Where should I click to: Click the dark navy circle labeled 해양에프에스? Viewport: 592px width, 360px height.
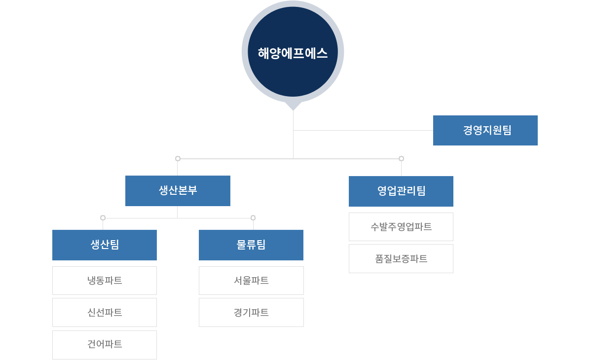(293, 51)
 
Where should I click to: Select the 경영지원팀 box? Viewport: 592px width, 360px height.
(485, 130)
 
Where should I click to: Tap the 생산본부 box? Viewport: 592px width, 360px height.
(178, 191)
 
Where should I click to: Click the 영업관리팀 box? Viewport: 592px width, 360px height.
(401, 191)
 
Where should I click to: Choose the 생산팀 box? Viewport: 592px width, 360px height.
(105, 245)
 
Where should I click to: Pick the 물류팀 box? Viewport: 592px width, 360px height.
(251, 245)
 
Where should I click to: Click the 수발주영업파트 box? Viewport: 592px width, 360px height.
(401, 227)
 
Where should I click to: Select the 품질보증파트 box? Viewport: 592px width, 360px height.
(401, 258)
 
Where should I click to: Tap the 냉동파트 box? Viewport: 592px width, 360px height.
(105, 281)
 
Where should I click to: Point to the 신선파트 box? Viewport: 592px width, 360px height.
(105, 313)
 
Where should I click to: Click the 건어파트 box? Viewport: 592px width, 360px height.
(105, 345)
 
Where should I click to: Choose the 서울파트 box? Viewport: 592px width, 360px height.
(251, 281)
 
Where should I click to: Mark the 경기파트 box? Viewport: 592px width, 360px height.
(251, 313)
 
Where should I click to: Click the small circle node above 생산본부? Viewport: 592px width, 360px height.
(178, 158)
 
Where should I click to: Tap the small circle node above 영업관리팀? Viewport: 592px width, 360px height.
(401, 158)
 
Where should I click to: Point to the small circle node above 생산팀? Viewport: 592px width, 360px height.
(103, 217)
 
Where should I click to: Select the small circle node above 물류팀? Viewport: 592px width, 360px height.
(253, 217)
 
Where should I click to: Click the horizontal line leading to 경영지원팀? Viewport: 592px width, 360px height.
(363, 130)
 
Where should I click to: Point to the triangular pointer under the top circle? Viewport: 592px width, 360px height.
(293, 106)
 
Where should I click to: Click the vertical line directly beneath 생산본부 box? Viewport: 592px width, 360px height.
(177, 212)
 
